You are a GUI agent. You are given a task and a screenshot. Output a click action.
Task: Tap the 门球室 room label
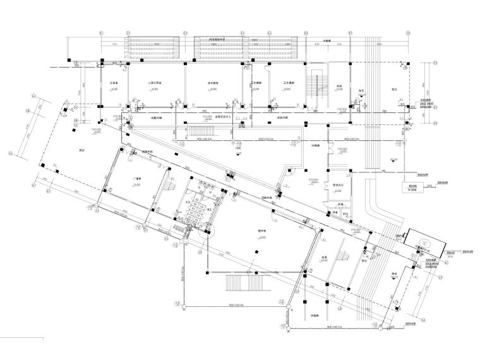coord(135,179)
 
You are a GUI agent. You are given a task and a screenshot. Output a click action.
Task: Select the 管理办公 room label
coord(337,184)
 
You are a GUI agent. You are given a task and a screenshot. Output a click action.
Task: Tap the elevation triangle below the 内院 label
coord(236,154)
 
